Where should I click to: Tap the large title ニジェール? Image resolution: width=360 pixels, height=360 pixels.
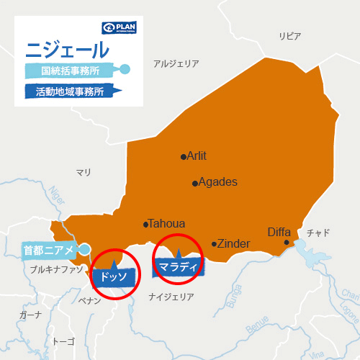click(68, 50)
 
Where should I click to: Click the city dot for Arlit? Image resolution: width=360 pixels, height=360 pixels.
click(183, 156)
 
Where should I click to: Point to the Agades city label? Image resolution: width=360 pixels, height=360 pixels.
click(217, 182)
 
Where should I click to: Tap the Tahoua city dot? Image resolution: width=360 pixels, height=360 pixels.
click(146, 224)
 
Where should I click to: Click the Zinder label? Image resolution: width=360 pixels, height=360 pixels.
click(233, 243)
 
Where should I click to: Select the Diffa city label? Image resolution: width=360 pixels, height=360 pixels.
click(279, 232)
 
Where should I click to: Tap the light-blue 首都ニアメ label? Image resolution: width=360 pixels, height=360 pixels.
click(49, 250)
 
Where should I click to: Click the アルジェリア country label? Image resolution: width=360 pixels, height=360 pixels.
click(176, 63)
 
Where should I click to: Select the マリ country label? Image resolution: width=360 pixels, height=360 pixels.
click(84, 172)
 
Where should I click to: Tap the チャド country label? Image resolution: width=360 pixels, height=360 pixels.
click(318, 233)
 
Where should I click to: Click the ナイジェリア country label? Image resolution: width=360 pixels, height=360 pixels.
click(171, 297)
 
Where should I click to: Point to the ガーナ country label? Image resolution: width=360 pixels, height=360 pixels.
click(31, 315)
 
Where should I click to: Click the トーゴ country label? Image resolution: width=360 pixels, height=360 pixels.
click(64, 341)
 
